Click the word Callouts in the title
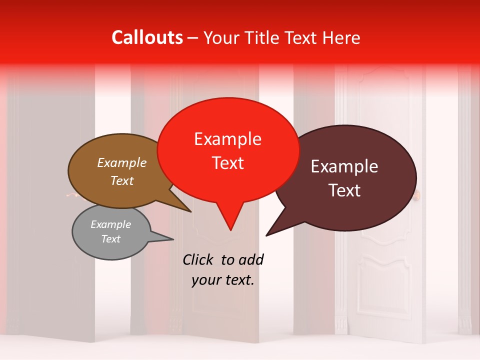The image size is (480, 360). (x=147, y=37)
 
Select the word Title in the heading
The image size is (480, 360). (x=265, y=37)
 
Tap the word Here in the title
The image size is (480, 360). (x=341, y=37)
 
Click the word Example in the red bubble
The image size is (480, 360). (x=227, y=139)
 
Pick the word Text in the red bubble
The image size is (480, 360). (x=227, y=163)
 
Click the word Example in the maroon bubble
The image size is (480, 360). (x=344, y=166)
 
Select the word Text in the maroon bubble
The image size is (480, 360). (x=344, y=190)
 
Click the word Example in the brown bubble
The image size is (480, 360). (x=122, y=163)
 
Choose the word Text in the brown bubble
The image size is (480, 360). (x=122, y=180)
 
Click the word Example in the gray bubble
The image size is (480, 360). (x=110, y=224)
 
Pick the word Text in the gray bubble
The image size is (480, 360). (x=110, y=239)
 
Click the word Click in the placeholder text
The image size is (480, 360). (x=198, y=259)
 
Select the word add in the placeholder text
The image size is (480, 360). (x=250, y=259)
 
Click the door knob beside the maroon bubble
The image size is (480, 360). (x=417, y=194)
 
